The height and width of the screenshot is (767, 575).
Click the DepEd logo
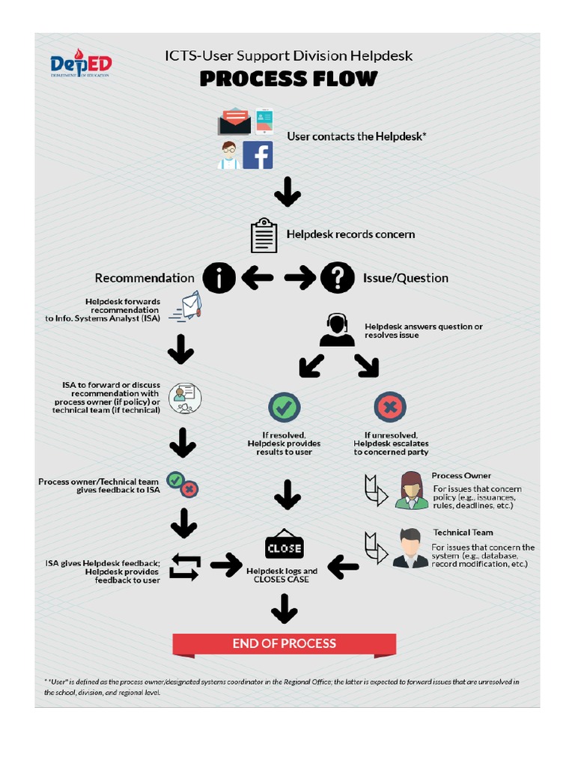coord(81,65)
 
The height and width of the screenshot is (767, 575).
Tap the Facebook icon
coord(258,155)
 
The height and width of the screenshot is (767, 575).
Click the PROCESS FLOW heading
coord(288,79)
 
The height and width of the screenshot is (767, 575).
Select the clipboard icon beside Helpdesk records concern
coord(264,235)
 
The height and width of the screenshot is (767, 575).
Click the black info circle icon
coord(219,278)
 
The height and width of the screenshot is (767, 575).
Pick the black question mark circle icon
coord(338,278)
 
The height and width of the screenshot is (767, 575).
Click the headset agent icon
coord(337,330)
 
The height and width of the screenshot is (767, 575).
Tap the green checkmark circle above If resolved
coord(285,407)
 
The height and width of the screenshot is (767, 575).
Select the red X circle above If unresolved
coord(390,407)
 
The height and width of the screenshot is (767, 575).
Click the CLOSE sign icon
coord(285,547)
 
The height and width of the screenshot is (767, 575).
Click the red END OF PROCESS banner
coord(285,644)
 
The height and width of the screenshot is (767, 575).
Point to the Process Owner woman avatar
coord(411,491)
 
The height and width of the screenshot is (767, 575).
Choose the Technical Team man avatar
coord(410,548)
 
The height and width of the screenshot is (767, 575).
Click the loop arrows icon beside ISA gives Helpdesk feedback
coord(184,566)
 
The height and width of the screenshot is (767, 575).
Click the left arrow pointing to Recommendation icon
coord(257,279)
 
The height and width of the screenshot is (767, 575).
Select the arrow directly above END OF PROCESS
coord(285,609)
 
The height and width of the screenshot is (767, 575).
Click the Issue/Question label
coord(406,278)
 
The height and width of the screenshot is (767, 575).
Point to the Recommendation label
coord(144,278)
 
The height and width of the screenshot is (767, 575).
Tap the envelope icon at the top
coord(234,121)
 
